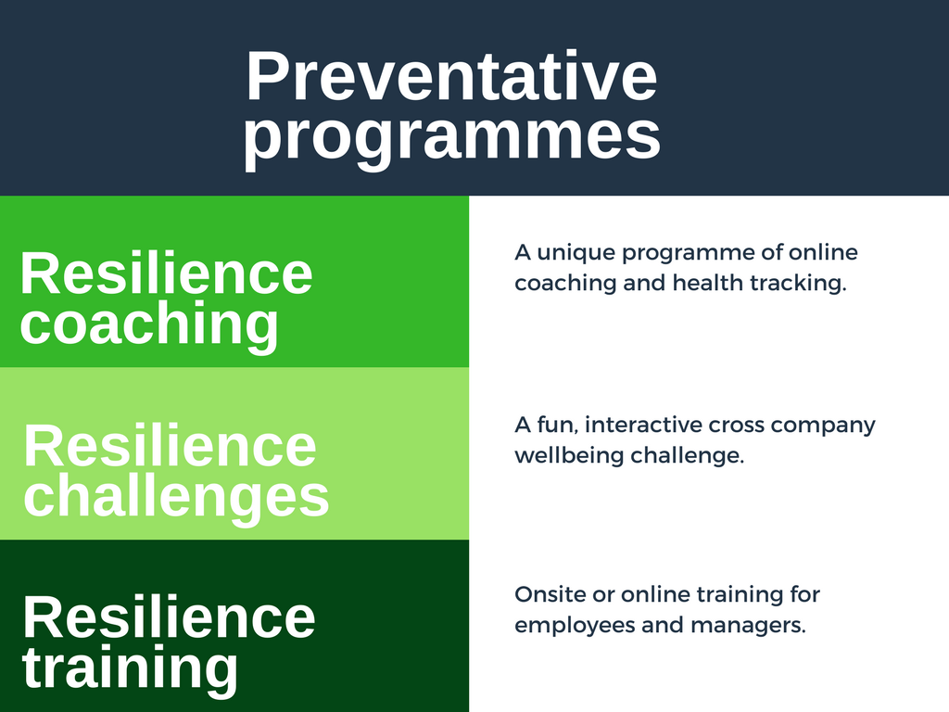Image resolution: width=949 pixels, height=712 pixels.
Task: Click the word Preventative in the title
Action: click(451, 76)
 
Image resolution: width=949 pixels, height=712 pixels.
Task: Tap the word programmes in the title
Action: click(451, 136)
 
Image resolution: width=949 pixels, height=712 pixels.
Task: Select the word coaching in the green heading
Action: click(149, 325)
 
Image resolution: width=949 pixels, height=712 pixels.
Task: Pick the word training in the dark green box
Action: click(130, 669)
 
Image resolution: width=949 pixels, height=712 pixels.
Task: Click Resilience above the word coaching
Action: click(167, 273)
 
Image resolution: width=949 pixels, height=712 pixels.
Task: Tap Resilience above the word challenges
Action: click(171, 446)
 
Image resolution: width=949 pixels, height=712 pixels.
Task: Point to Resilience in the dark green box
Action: click(169, 617)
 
